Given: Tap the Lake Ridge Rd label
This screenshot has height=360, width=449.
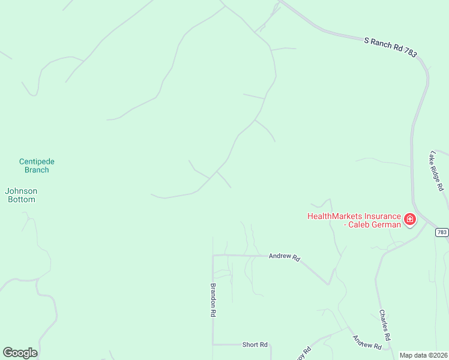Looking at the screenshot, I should (x=436, y=170).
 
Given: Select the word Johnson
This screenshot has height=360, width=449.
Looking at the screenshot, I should (x=21, y=191).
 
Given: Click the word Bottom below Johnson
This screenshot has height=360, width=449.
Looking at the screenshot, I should (x=21, y=199).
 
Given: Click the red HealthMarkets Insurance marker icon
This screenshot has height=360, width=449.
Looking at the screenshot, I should (x=410, y=220).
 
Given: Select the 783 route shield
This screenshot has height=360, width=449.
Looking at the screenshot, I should (x=441, y=232).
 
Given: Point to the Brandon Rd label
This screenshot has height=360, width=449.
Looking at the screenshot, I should (x=212, y=300).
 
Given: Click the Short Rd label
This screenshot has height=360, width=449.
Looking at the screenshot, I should (x=255, y=344).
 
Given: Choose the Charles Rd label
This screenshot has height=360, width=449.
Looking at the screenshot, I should (x=385, y=325).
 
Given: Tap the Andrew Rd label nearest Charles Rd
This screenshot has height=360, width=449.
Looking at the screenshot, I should (x=367, y=342).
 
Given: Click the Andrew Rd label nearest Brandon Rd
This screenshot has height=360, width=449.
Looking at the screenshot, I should (x=284, y=256).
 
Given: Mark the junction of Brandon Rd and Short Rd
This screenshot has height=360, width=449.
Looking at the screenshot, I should (x=213, y=344).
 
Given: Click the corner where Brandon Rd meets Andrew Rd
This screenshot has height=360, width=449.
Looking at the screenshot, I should (x=213, y=255).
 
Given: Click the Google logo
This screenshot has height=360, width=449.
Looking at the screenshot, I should (x=20, y=353).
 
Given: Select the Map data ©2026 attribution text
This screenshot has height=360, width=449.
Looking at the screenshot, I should (x=424, y=355).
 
